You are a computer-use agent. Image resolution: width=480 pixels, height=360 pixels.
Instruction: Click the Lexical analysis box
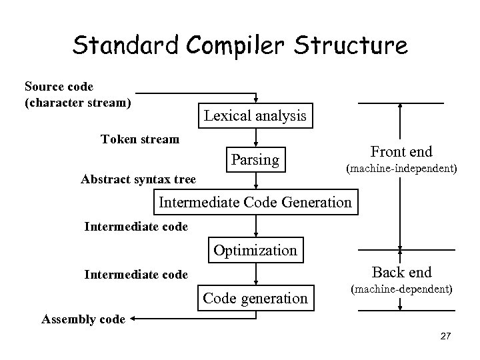pos(255,116)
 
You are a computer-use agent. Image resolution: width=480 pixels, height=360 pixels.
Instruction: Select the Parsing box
pos(255,160)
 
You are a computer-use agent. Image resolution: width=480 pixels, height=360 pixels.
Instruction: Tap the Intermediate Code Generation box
pos(255,201)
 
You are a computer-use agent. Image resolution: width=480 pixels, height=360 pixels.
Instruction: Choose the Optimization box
pos(255,251)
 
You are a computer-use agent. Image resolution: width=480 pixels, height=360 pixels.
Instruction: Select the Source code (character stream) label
pos(77,95)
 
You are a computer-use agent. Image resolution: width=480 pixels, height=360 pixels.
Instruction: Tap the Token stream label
pos(139,139)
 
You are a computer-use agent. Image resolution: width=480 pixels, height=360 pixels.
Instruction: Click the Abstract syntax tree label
pos(138,179)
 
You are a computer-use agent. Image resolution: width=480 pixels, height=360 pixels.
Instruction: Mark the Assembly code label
pos(83,319)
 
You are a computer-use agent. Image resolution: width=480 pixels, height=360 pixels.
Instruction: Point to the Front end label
pos(401,152)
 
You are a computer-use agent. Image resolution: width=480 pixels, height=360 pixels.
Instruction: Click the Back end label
pos(401,272)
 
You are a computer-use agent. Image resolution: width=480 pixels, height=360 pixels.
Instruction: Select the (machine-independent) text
pos(401,169)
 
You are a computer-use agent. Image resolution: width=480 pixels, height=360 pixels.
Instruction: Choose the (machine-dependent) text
pos(401,290)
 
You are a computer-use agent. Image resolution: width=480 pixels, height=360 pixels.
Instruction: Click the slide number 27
pos(445,338)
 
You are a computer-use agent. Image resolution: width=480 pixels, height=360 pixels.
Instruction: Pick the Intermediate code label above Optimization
pos(136,227)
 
